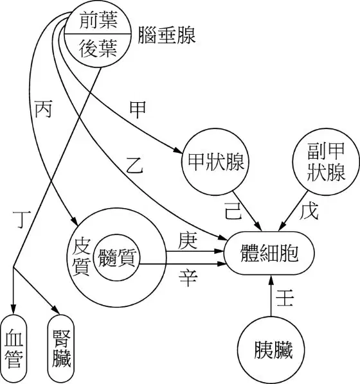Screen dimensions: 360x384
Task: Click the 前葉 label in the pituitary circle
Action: click(98, 21)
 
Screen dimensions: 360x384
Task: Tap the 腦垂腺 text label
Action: click(166, 35)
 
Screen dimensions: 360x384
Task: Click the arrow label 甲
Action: click(138, 110)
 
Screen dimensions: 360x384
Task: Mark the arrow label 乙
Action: click(134, 165)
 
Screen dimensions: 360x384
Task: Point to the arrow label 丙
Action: click(43, 109)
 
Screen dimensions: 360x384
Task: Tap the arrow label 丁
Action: click(22, 219)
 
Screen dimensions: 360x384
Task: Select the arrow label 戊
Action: click(309, 211)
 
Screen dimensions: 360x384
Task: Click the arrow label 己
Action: click(233, 211)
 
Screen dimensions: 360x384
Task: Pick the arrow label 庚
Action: click(188, 241)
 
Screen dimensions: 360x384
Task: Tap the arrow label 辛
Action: click(188, 278)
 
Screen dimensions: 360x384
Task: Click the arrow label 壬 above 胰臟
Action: click(285, 298)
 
